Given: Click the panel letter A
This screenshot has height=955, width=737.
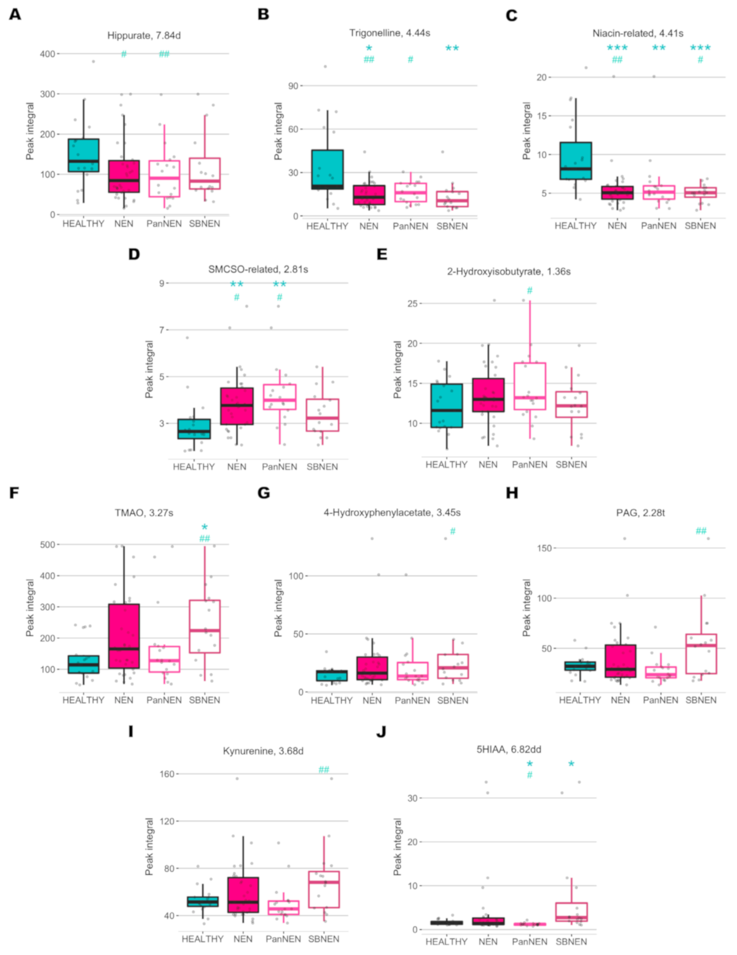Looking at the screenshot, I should [x=15, y=14].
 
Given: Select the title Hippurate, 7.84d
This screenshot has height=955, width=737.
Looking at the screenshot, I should [x=144, y=35].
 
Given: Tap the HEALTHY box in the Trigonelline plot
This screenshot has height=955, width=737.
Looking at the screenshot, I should [x=327, y=169].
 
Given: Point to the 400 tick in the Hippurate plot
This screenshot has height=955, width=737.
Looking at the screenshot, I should [x=47, y=54].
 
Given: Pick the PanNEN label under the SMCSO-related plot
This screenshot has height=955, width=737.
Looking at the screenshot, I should [x=279, y=467].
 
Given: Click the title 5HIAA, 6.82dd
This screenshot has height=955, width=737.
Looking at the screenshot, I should [x=508, y=750].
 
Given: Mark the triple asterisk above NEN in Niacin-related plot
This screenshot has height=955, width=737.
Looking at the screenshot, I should [x=617, y=48].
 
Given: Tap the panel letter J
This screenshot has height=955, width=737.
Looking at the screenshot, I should [x=381, y=732].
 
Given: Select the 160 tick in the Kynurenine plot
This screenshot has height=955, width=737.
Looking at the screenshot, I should [x=166, y=774].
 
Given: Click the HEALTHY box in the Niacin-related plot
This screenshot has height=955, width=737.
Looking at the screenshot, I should [x=575, y=161].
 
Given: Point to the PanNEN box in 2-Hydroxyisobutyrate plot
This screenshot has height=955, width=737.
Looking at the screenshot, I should [x=530, y=386].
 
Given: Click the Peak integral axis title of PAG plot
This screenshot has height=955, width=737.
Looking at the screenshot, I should [x=527, y=608].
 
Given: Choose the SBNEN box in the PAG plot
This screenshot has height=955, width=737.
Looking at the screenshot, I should [x=701, y=653].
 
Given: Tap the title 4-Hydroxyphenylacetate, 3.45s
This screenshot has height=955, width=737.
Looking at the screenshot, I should [x=392, y=513].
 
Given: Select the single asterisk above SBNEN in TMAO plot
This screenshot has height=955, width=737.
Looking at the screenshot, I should [x=204, y=527].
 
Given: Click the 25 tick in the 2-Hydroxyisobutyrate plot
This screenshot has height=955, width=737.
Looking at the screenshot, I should [x=412, y=304].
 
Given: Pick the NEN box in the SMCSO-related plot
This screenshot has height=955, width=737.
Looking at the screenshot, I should [x=237, y=406].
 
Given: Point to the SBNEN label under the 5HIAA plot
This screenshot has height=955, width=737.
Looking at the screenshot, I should [x=571, y=942].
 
